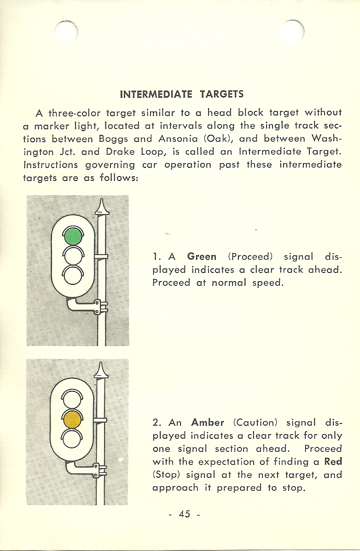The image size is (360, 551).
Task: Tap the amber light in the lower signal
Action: [x=72, y=419]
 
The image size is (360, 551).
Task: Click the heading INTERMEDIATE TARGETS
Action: [x=182, y=94]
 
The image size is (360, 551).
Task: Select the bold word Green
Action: [x=202, y=256]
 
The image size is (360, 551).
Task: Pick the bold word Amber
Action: [x=208, y=423]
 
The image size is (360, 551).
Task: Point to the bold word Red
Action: [x=333, y=461]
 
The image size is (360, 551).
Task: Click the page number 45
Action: [x=185, y=514]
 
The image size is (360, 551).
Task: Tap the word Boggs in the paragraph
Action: [x=114, y=139]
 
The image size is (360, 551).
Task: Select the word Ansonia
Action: [x=178, y=139]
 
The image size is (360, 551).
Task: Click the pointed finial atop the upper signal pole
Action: [x=102, y=207]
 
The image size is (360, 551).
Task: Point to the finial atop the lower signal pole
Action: [x=100, y=370]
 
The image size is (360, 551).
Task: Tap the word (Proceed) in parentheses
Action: [x=250, y=256]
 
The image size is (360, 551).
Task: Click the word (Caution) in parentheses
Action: [x=255, y=423]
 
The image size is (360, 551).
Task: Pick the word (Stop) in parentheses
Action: [x=166, y=475]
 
